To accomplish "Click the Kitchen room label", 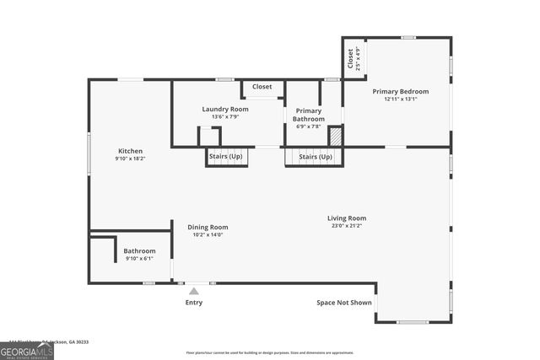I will (130, 151).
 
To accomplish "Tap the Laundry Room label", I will (225, 110).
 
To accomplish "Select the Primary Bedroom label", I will (401, 91).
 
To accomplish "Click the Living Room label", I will (347, 218).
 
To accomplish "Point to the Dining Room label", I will (208, 227).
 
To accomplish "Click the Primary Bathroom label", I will (309, 114).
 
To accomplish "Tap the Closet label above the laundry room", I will (262, 87).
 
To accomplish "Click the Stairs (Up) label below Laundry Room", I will (225, 157).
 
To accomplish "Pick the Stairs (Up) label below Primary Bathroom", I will (316, 157).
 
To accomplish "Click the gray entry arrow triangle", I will (193, 291).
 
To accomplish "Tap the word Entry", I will (194, 302).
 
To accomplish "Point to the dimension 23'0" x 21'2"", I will (347, 226).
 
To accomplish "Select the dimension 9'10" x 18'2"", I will (130, 159).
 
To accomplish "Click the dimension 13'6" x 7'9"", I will (225, 117).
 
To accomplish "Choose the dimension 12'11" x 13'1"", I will (401, 99).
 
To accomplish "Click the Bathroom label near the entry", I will (139, 250).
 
